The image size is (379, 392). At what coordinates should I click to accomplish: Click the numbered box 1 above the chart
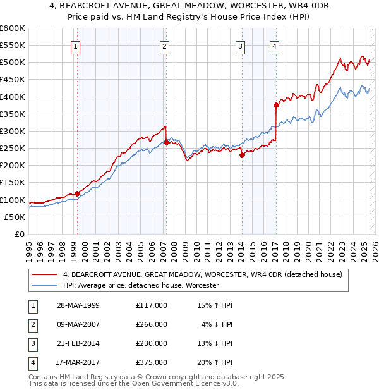pyautogui.click(x=76, y=46)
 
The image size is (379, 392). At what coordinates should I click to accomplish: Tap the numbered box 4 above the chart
pyautogui.click(x=275, y=46)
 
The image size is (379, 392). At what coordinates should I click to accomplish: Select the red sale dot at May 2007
pyautogui.click(x=166, y=142)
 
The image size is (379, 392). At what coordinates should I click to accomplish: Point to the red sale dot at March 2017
pyautogui.click(x=276, y=105)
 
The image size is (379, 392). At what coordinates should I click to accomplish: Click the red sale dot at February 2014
pyautogui.click(x=242, y=155)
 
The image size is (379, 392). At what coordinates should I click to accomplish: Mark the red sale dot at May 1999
pyautogui.click(x=77, y=193)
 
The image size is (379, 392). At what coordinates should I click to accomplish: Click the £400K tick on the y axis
pyautogui.click(x=13, y=97)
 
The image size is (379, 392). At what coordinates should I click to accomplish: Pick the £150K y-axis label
pyautogui.click(x=13, y=183)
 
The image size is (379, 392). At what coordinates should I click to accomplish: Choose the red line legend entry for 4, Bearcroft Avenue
pyautogui.click(x=202, y=274)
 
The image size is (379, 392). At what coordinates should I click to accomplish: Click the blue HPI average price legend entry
pyautogui.click(x=140, y=285)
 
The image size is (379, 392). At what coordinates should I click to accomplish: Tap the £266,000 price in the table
pyautogui.click(x=152, y=324)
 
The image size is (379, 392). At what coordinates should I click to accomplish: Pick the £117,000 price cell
pyautogui.click(x=152, y=305)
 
